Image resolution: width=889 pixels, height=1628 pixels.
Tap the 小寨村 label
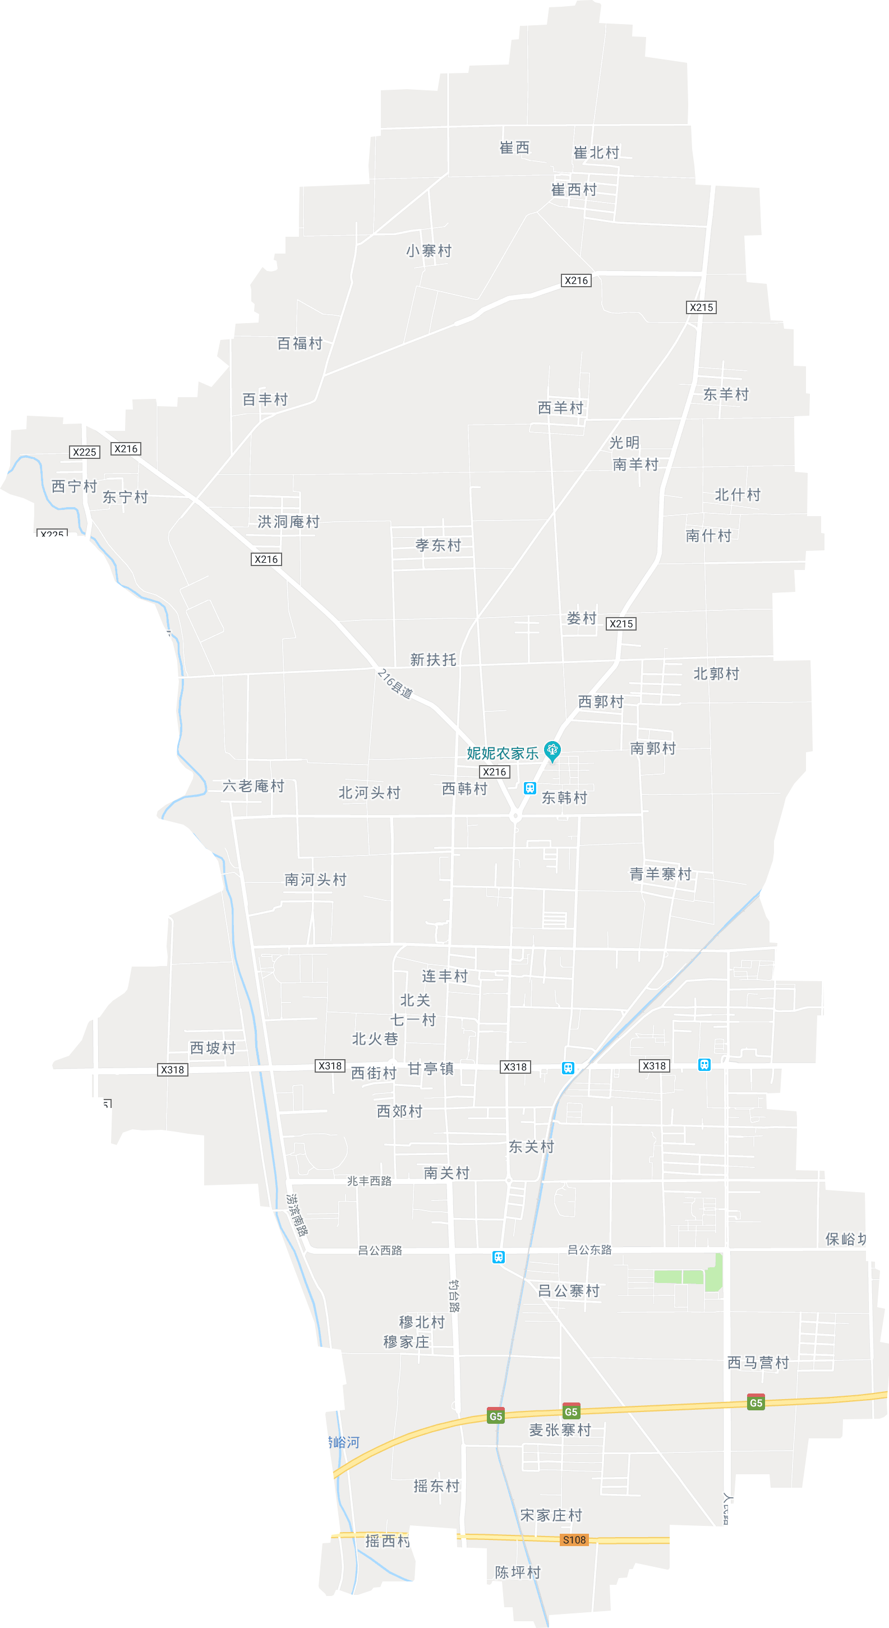429,251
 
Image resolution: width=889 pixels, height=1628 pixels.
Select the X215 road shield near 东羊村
701,307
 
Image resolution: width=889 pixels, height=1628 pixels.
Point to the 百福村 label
300,343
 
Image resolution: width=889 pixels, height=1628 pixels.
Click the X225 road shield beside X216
84,452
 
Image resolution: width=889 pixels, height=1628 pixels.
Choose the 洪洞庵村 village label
288,521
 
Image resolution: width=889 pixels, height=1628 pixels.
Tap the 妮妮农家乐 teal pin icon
552,750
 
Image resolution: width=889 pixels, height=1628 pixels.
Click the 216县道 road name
395,684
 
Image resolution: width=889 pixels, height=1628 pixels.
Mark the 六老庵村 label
253,785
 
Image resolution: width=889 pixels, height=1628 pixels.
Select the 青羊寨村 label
660,874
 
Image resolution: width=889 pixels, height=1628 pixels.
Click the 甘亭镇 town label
430,1068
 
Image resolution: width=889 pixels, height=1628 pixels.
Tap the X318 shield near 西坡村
173,1069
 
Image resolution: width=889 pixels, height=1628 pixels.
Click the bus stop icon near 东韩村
529,788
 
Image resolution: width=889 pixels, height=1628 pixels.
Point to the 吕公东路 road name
589,1249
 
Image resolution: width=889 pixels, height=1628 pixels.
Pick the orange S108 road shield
574,1539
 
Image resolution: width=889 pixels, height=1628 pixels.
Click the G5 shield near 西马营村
756,1403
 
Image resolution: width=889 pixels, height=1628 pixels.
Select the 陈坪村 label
518,1572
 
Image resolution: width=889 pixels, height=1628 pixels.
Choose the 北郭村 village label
716,674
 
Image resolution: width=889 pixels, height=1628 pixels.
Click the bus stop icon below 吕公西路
499,1257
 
